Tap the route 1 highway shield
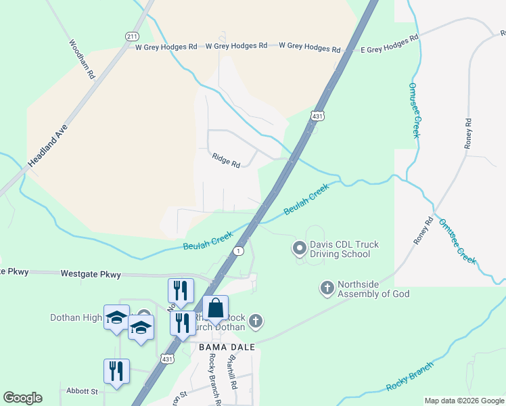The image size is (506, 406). coord(238,251)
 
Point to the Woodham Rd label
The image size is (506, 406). coord(80,60)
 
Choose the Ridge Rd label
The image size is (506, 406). coord(226,160)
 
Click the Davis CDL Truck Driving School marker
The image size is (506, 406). coord(299,249)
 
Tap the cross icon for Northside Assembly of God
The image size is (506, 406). coord(327,289)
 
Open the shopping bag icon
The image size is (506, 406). coord(215,309)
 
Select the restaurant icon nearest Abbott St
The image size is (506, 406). coord(116,371)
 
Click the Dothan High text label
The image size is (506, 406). coord(75,317)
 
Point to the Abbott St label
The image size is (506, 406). coord(82,391)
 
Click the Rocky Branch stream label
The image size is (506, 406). coord(409,378)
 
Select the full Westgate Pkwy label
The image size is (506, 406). coord(91,275)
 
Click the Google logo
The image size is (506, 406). coord(22,398)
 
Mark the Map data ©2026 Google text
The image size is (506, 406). coord(463,401)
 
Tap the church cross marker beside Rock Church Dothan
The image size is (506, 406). coord(255,321)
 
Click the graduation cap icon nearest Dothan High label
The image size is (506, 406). coord(116,317)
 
